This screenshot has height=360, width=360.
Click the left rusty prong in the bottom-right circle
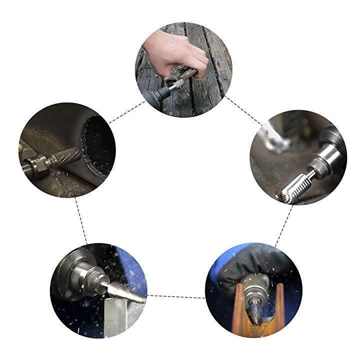(239, 310)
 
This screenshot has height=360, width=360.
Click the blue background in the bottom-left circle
(130, 265)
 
